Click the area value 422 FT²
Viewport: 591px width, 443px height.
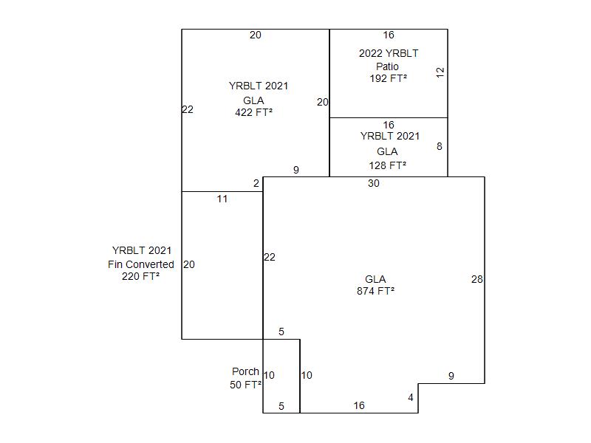click(253, 113)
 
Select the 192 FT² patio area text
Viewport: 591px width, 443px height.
click(389, 78)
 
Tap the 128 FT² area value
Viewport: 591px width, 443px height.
click(388, 166)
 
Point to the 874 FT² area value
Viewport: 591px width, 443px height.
click(375, 291)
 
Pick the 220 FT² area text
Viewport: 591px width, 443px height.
click(140, 277)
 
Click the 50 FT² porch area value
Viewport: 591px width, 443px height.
click(246, 385)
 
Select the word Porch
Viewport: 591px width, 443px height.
click(245, 372)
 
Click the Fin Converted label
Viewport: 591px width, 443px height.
click(141, 264)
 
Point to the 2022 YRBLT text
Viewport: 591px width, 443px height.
click(389, 53)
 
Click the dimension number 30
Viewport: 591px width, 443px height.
click(374, 184)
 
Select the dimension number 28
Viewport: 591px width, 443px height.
click(477, 279)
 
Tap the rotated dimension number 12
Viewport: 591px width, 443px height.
click(440, 72)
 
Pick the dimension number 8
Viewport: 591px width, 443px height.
click(440, 146)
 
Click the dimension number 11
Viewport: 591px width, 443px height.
click(222, 199)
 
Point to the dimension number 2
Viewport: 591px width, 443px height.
click(256, 184)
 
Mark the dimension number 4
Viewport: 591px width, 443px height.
click(411, 398)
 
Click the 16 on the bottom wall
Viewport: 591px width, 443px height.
click(359, 405)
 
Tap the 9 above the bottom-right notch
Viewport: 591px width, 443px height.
click(451, 377)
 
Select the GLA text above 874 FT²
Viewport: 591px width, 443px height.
click(375, 279)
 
